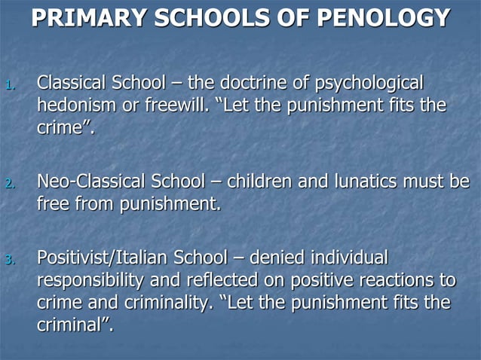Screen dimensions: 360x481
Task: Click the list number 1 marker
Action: pyautogui.click(x=9, y=86)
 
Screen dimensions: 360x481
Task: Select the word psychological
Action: pyautogui.click(x=369, y=82)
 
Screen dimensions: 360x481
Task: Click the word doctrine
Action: pyautogui.click(x=255, y=82)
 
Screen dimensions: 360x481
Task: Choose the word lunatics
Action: pyautogui.click(x=362, y=182)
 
